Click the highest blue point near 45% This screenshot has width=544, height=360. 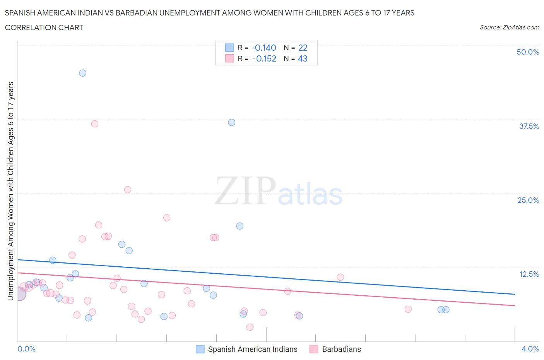pyautogui.click(x=82, y=73)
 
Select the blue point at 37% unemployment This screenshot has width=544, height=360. pyautogui.click(x=231, y=122)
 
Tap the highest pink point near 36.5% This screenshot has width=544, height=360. pyautogui.click(x=94, y=124)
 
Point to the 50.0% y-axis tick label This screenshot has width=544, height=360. pyautogui.click(x=527, y=52)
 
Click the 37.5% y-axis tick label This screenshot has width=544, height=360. pyautogui.click(x=529, y=126)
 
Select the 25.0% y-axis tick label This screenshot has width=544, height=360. pyautogui.click(x=528, y=200)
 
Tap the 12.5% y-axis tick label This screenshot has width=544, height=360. pyautogui.click(x=529, y=274)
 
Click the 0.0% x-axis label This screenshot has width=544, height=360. pyautogui.click(x=26, y=349)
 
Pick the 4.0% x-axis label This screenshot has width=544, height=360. pyautogui.click(x=530, y=349)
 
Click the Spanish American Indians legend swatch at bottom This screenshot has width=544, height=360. pyautogui.click(x=200, y=349)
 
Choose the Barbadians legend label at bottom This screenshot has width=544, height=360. pyautogui.click(x=341, y=349)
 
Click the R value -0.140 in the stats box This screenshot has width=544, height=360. pyautogui.click(x=263, y=48)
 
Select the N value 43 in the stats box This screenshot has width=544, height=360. pyautogui.click(x=303, y=58)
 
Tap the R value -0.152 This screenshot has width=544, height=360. pyautogui.click(x=264, y=58)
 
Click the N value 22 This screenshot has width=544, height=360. pyautogui.click(x=303, y=48)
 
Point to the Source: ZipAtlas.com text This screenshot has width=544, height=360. pyautogui.click(x=509, y=27)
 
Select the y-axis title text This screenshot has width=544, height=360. pyautogui.click(x=10, y=191)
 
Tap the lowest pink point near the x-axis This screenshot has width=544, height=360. pyautogui.click(x=250, y=327)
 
